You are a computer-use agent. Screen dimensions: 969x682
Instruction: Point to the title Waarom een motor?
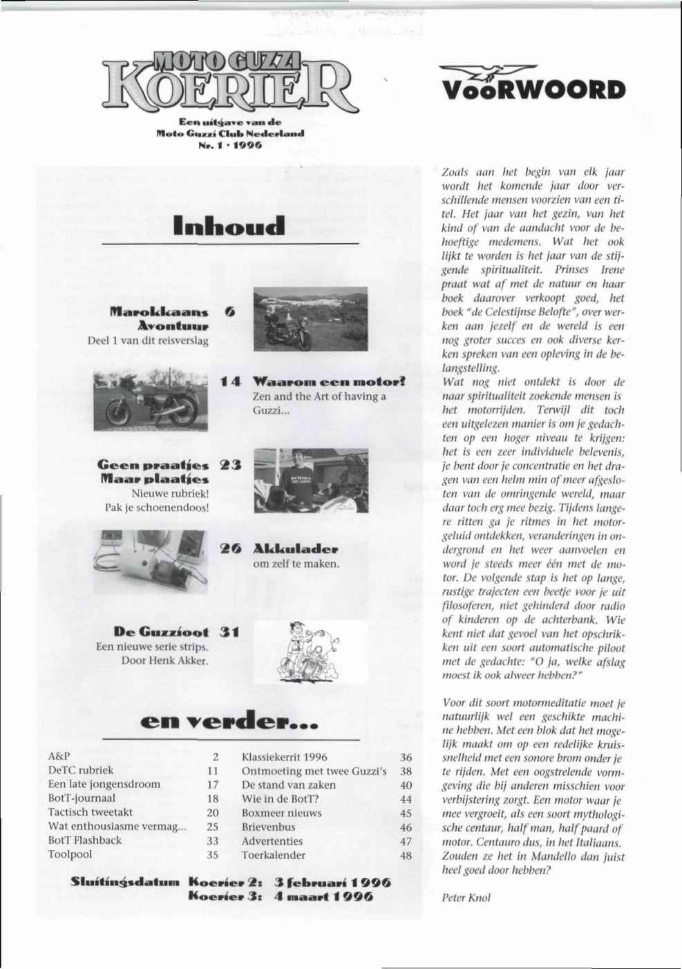328,382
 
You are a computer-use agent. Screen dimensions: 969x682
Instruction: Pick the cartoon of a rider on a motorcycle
310,651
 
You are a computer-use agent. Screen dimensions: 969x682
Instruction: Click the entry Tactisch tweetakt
90,812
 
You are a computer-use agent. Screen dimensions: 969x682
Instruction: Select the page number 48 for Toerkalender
406,855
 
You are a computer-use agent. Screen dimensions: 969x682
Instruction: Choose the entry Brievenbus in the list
268,827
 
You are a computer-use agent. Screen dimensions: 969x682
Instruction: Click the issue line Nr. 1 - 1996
229,146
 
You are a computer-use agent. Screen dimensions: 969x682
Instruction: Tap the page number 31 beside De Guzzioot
229,631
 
